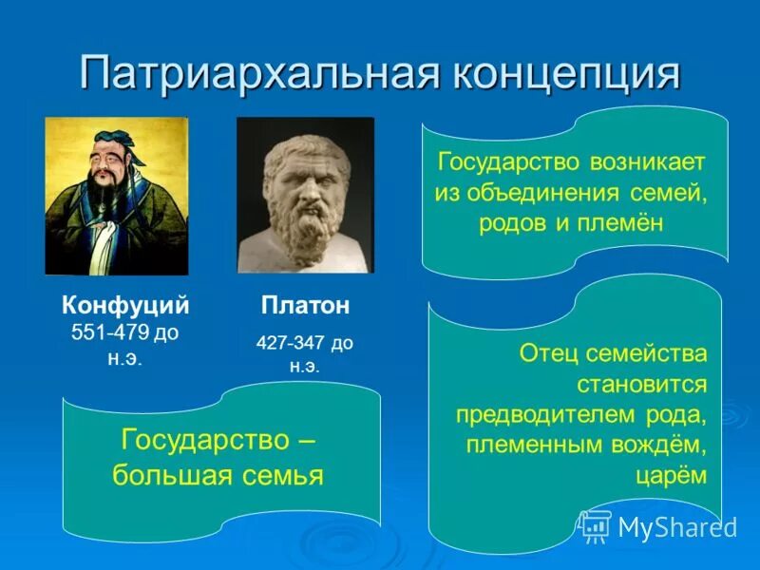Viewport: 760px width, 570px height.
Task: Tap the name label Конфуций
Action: click(125, 305)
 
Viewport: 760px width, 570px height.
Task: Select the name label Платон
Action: click(305, 305)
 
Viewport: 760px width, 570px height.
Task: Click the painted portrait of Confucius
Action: click(116, 196)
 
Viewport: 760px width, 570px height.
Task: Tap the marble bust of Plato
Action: click(305, 195)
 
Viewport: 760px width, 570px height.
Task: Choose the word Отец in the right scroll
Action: click(548, 353)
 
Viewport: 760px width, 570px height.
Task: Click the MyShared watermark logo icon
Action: click(596, 525)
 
